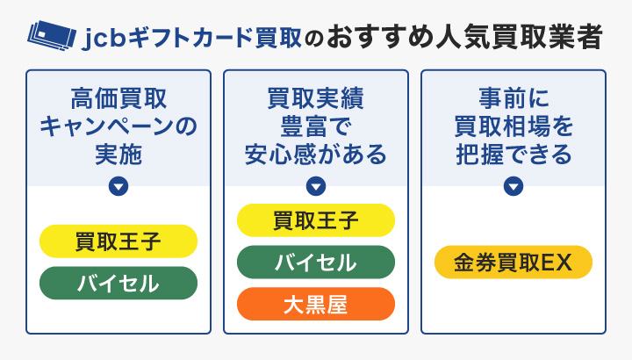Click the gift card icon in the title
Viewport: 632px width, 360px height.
click(x=50, y=35)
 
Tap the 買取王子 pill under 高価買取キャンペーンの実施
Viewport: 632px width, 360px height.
click(x=118, y=241)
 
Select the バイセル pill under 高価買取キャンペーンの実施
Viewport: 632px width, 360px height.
click(x=118, y=283)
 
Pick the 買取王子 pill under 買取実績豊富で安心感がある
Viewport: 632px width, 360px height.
click(x=316, y=220)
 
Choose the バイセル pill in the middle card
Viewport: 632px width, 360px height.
click(x=316, y=262)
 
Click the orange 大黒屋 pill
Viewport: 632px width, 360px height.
click(x=316, y=304)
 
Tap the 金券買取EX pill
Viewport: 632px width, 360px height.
click(x=513, y=262)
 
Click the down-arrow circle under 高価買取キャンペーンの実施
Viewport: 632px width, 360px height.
click(x=118, y=186)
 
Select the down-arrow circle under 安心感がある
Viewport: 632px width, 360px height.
click(x=316, y=186)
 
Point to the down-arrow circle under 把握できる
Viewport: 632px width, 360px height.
click(x=513, y=186)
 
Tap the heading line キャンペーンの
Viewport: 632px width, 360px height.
click(x=118, y=126)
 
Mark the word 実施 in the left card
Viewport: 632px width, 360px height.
click(x=118, y=155)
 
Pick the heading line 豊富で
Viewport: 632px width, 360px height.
click(x=316, y=126)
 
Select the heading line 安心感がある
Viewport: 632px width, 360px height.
click(x=316, y=155)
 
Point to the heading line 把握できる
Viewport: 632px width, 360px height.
click(x=513, y=155)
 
